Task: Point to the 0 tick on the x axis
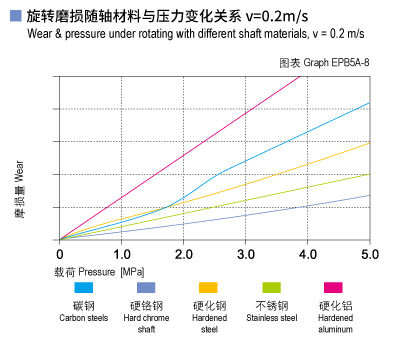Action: (x=60, y=255)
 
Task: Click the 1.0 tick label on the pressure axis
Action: (x=121, y=255)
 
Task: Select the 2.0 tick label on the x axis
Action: (x=183, y=255)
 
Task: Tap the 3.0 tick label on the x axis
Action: (x=245, y=255)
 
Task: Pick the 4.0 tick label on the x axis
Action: (x=307, y=255)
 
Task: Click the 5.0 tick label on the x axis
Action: (x=369, y=255)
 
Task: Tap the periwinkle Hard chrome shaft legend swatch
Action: (x=146, y=288)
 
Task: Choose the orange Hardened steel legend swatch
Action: (x=208, y=288)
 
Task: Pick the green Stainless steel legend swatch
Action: (x=271, y=288)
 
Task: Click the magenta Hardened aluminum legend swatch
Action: (x=334, y=288)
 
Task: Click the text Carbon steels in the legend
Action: (x=84, y=318)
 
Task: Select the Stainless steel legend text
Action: (x=271, y=318)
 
